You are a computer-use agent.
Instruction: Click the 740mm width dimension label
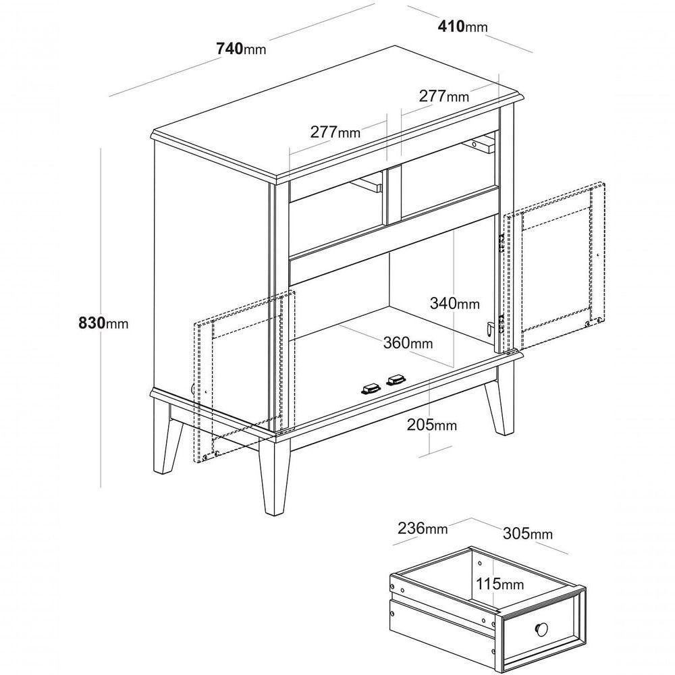coord(241,49)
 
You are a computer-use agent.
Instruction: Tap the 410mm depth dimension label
coord(463,27)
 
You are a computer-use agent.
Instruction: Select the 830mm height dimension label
coord(103,323)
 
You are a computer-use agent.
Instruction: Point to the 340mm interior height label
coord(454,304)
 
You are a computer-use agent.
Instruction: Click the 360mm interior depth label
coord(408,343)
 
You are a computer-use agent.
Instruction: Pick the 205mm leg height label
coord(432,425)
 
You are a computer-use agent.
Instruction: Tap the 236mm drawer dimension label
coord(423,528)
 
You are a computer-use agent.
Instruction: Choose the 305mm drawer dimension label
coord(528,533)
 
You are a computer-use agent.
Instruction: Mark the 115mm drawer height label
coord(500,584)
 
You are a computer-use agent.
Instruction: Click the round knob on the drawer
coord(542,629)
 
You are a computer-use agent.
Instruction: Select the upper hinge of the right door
coord(501,244)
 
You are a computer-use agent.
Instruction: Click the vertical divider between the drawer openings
coord(392,196)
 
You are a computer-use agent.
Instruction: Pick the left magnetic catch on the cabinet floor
coord(371,389)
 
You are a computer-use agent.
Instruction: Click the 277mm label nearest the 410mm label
coord(444,96)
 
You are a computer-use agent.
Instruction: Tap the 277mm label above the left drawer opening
coord(335,132)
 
